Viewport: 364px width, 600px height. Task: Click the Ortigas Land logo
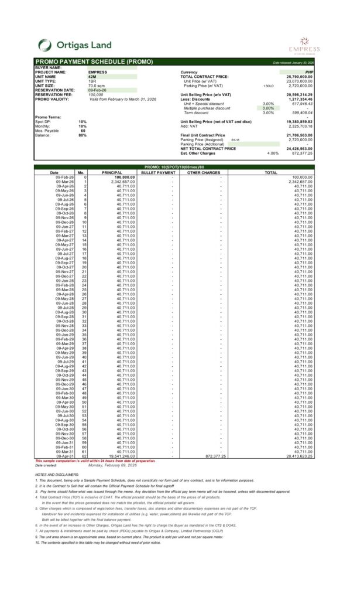(70, 45)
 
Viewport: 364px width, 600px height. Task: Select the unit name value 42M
(92, 77)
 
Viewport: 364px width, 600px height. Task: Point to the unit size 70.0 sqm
(96, 86)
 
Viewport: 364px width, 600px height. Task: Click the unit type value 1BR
(92, 81)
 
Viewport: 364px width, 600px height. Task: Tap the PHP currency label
(309, 72)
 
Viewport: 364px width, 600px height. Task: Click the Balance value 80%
(83, 135)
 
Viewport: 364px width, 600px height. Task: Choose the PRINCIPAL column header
(112, 173)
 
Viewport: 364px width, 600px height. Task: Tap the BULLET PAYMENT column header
(158, 173)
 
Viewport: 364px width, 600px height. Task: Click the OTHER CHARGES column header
(203, 173)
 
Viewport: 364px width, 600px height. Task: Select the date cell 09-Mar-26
(64, 182)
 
